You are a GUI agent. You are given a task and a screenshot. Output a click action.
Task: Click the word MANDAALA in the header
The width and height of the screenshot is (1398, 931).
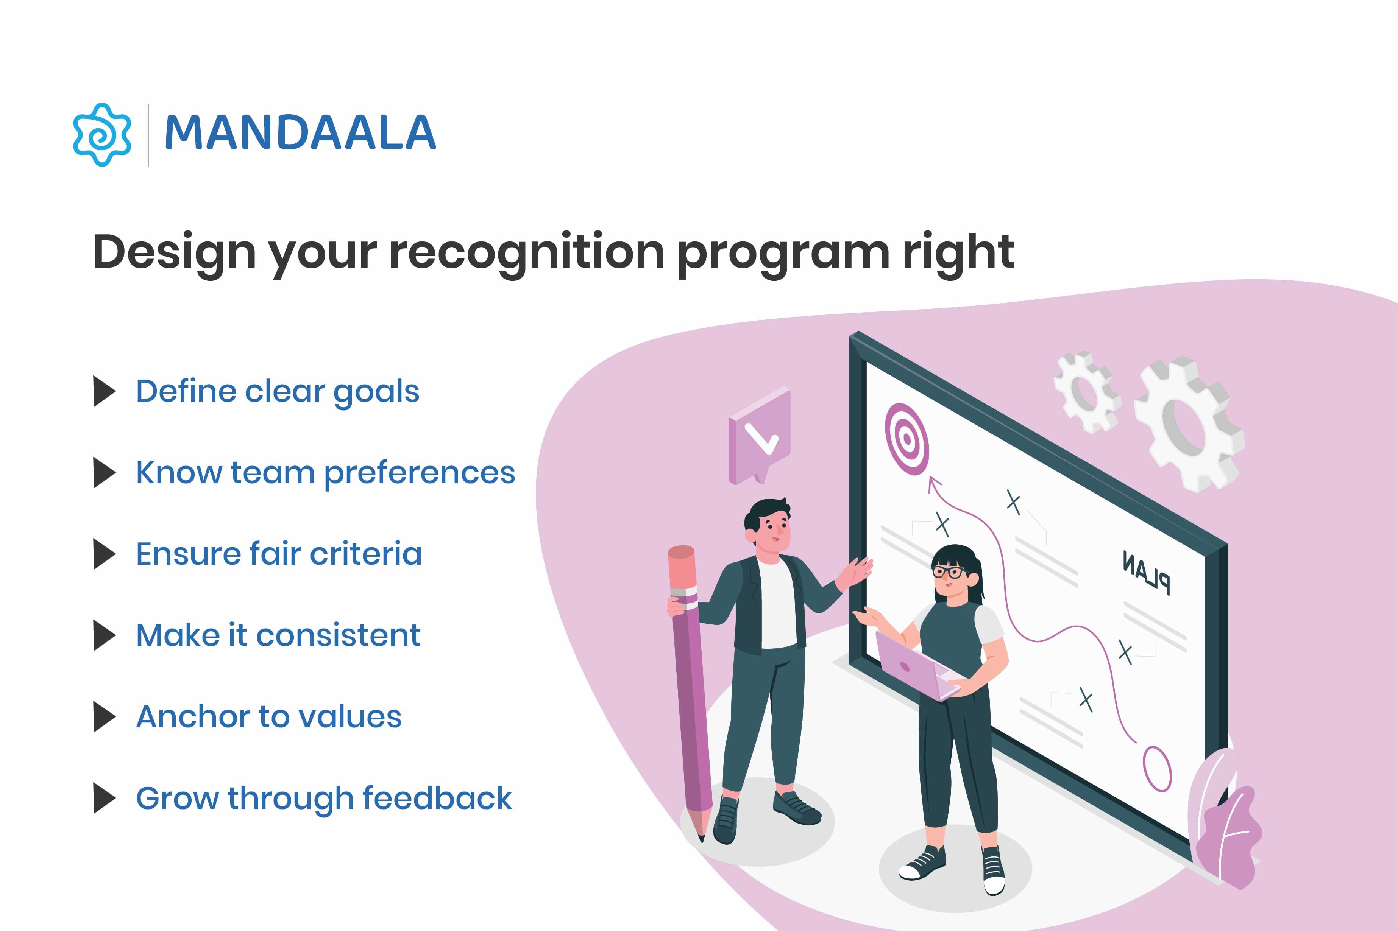tap(300, 133)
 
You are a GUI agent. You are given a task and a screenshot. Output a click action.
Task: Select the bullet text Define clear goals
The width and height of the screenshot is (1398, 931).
tap(277, 392)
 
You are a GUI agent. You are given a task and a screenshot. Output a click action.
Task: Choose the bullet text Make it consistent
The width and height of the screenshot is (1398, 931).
tap(278, 635)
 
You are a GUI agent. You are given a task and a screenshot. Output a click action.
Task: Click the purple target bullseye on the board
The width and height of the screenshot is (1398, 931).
tap(906, 439)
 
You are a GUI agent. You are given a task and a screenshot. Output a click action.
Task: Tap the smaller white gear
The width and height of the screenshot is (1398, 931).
tap(1086, 392)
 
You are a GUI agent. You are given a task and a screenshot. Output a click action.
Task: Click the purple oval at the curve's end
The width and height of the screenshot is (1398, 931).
tap(1158, 769)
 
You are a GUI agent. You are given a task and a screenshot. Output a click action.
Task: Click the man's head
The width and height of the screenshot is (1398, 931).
tap(769, 525)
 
